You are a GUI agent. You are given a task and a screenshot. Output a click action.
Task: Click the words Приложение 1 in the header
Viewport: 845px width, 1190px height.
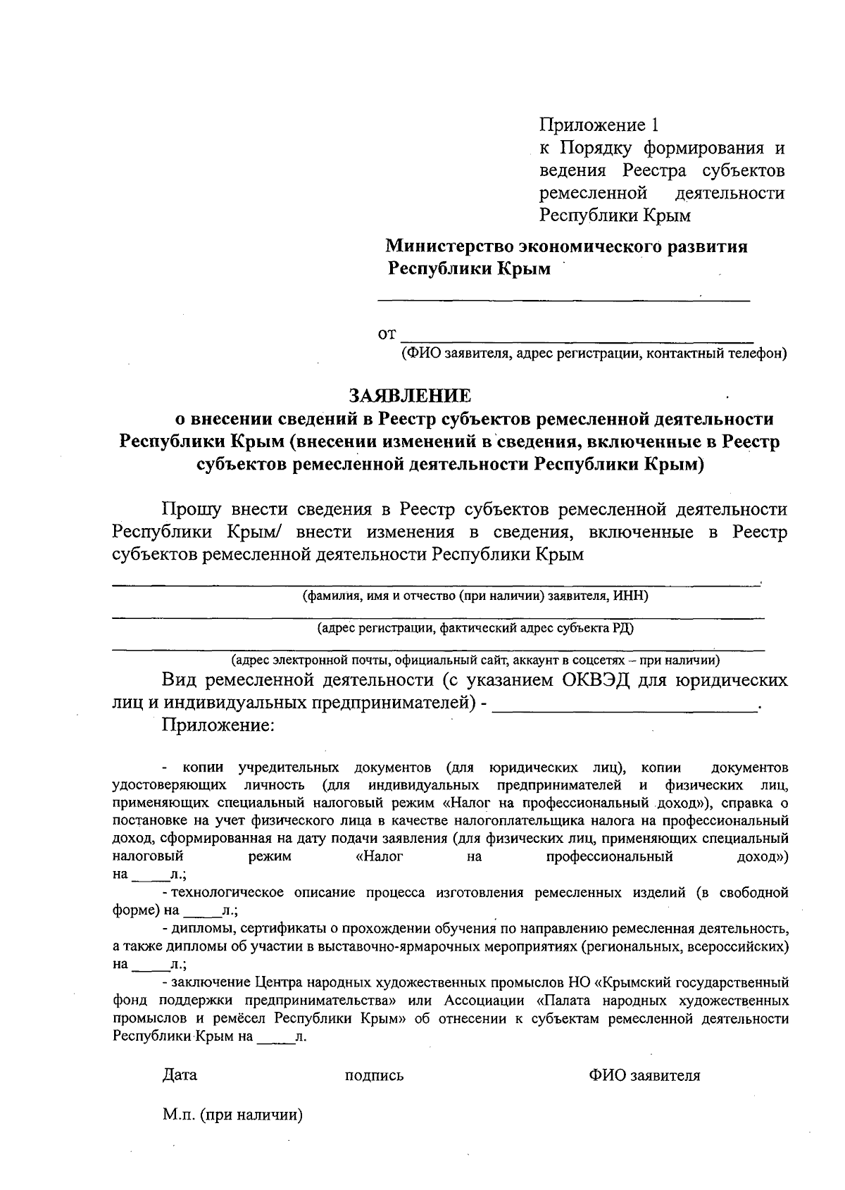pyautogui.click(x=601, y=125)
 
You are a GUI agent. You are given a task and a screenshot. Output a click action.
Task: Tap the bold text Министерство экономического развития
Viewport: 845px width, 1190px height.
pyautogui.click(x=566, y=246)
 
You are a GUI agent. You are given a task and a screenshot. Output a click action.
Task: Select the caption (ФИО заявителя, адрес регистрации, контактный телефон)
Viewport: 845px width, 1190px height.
pyautogui.click(x=594, y=353)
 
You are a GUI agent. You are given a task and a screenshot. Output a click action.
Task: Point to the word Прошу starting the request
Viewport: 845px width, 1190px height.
pyautogui.click(x=192, y=508)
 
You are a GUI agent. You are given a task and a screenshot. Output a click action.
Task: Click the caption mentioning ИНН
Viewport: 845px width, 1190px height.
pyautogui.click(x=475, y=596)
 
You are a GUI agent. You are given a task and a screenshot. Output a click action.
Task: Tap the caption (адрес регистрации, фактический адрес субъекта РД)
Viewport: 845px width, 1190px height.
pyautogui.click(x=475, y=628)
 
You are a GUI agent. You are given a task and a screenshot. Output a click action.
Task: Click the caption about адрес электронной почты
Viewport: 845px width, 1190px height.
pyautogui.click(x=475, y=660)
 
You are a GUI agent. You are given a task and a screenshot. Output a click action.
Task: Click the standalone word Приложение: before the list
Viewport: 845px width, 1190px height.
pyautogui.click(x=218, y=725)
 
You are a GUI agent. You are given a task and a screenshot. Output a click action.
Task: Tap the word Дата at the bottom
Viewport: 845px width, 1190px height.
pyautogui.click(x=180, y=1075)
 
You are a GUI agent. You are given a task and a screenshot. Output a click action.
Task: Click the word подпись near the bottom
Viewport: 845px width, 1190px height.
pyautogui.click(x=374, y=1076)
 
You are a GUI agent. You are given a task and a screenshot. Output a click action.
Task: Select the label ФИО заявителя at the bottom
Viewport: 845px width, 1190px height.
pyautogui.click(x=645, y=1076)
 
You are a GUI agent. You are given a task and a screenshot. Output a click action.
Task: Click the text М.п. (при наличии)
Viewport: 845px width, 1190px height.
pyautogui.click(x=232, y=1115)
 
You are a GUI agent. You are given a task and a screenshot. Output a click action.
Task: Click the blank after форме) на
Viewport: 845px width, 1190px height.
pyautogui.click(x=203, y=911)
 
